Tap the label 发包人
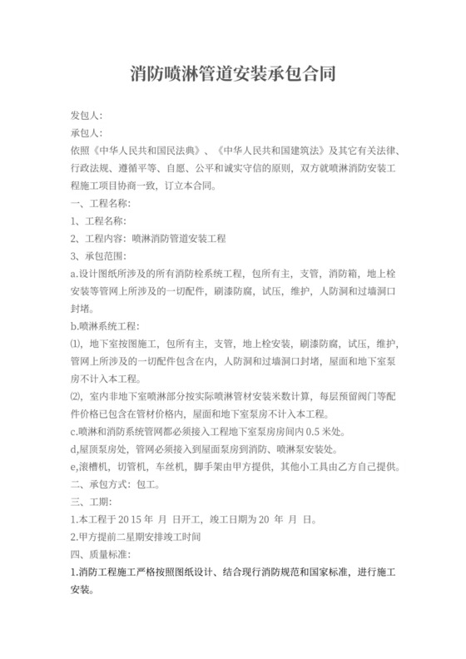(x=87, y=114)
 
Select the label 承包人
(x=87, y=132)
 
